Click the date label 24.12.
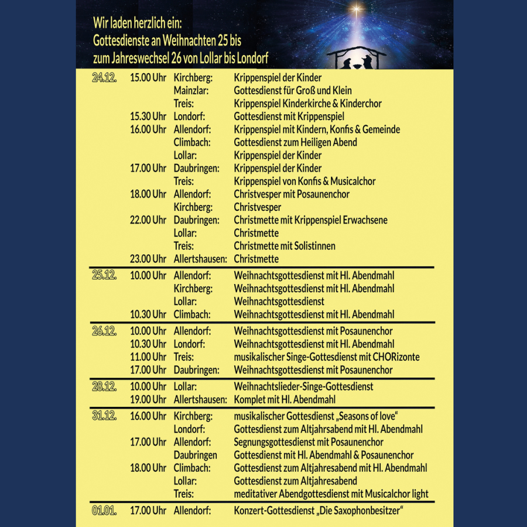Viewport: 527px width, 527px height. [x=104, y=78]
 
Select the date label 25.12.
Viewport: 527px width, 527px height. [x=104, y=276]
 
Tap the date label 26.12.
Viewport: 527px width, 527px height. [x=104, y=331]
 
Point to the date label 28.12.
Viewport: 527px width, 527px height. [x=104, y=387]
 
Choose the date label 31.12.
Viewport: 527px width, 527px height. [x=104, y=416]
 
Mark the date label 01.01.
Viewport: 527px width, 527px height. [x=104, y=511]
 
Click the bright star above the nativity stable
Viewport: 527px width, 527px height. [x=355, y=9]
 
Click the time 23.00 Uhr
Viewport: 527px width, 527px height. [x=148, y=259]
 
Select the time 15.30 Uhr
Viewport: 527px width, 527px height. [x=148, y=117]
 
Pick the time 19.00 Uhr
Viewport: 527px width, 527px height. [x=148, y=400]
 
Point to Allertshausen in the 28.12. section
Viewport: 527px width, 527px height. [x=200, y=400]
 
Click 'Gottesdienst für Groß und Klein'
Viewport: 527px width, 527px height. [x=293, y=91]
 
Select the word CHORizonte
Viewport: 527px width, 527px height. [x=395, y=357]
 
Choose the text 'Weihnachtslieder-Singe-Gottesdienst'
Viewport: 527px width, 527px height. [x=303, y=387]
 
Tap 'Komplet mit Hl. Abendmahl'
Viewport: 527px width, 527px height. [x=285, y=400]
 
